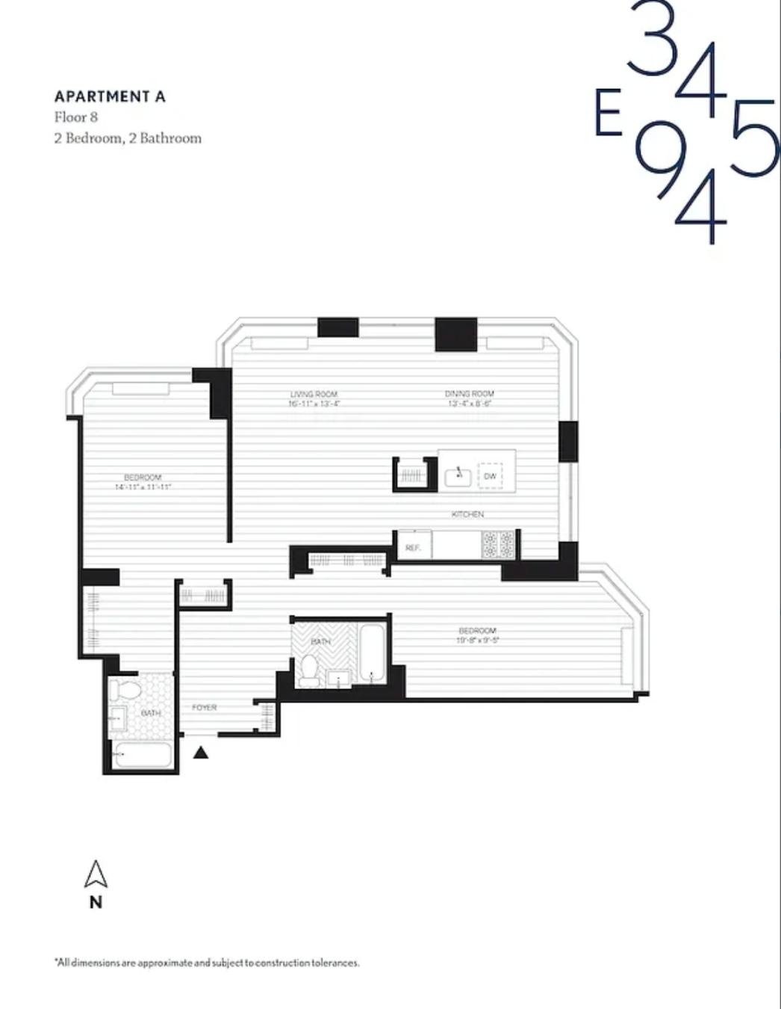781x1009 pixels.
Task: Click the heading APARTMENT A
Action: click(110, 96)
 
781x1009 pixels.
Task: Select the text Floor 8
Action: click(75, 117)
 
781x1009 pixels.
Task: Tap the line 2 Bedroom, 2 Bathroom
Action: click(128, 138)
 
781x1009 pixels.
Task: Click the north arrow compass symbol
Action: click(96, 874)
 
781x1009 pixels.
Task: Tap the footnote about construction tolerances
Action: click(207, 963)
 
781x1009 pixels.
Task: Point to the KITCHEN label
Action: click(467, 514)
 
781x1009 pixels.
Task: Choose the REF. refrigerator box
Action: click(413, 546)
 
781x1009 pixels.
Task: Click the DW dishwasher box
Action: click(490, 476)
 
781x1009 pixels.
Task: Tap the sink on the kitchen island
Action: click(458, 475)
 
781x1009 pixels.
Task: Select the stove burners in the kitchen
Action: click(498, 544)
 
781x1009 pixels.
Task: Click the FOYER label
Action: click(204, 707)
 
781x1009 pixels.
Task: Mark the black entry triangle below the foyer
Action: click(200, 753)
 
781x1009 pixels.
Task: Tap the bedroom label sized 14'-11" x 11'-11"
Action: click(143, 482)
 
